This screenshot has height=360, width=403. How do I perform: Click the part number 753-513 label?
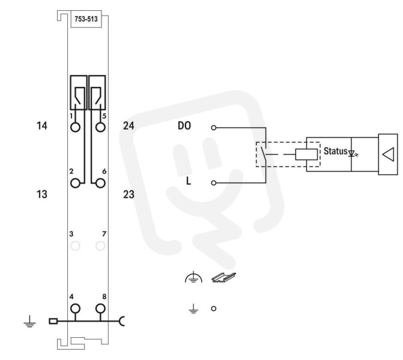[86, 19]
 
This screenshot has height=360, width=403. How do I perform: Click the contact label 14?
[42, 126]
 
